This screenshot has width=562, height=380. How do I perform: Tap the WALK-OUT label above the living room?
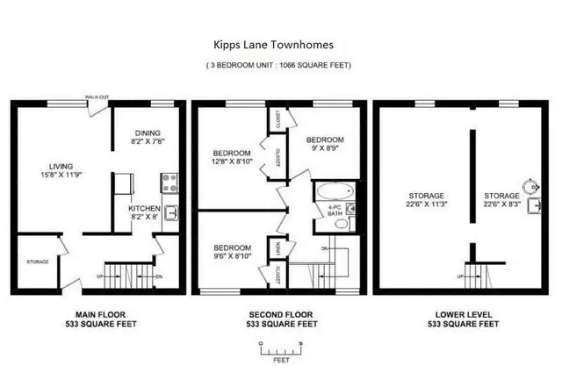point(97,97)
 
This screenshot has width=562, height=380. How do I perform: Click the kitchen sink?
point(171,212)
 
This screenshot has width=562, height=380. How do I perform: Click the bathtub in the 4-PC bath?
point(335,191)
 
